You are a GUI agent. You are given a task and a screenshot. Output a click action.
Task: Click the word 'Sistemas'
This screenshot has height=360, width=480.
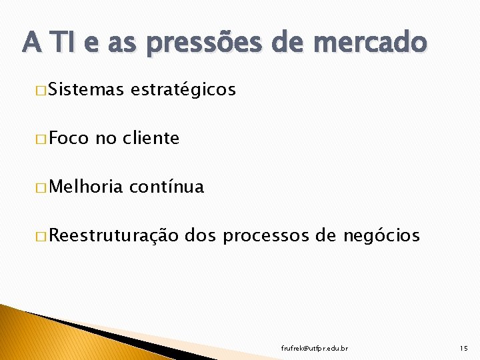87,90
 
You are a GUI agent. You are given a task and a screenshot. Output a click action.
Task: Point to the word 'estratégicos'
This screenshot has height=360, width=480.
184,90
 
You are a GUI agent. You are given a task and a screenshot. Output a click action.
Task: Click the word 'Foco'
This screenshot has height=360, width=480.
69,139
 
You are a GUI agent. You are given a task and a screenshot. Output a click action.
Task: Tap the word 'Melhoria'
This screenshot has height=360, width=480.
85,187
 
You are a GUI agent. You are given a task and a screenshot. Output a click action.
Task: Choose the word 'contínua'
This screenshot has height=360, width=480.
167,187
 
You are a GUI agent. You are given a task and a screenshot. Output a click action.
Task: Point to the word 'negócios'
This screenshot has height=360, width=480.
381,236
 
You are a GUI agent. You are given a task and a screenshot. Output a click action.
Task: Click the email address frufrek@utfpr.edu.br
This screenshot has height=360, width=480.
315,349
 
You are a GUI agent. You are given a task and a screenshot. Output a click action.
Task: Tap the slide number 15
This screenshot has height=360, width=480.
464,349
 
